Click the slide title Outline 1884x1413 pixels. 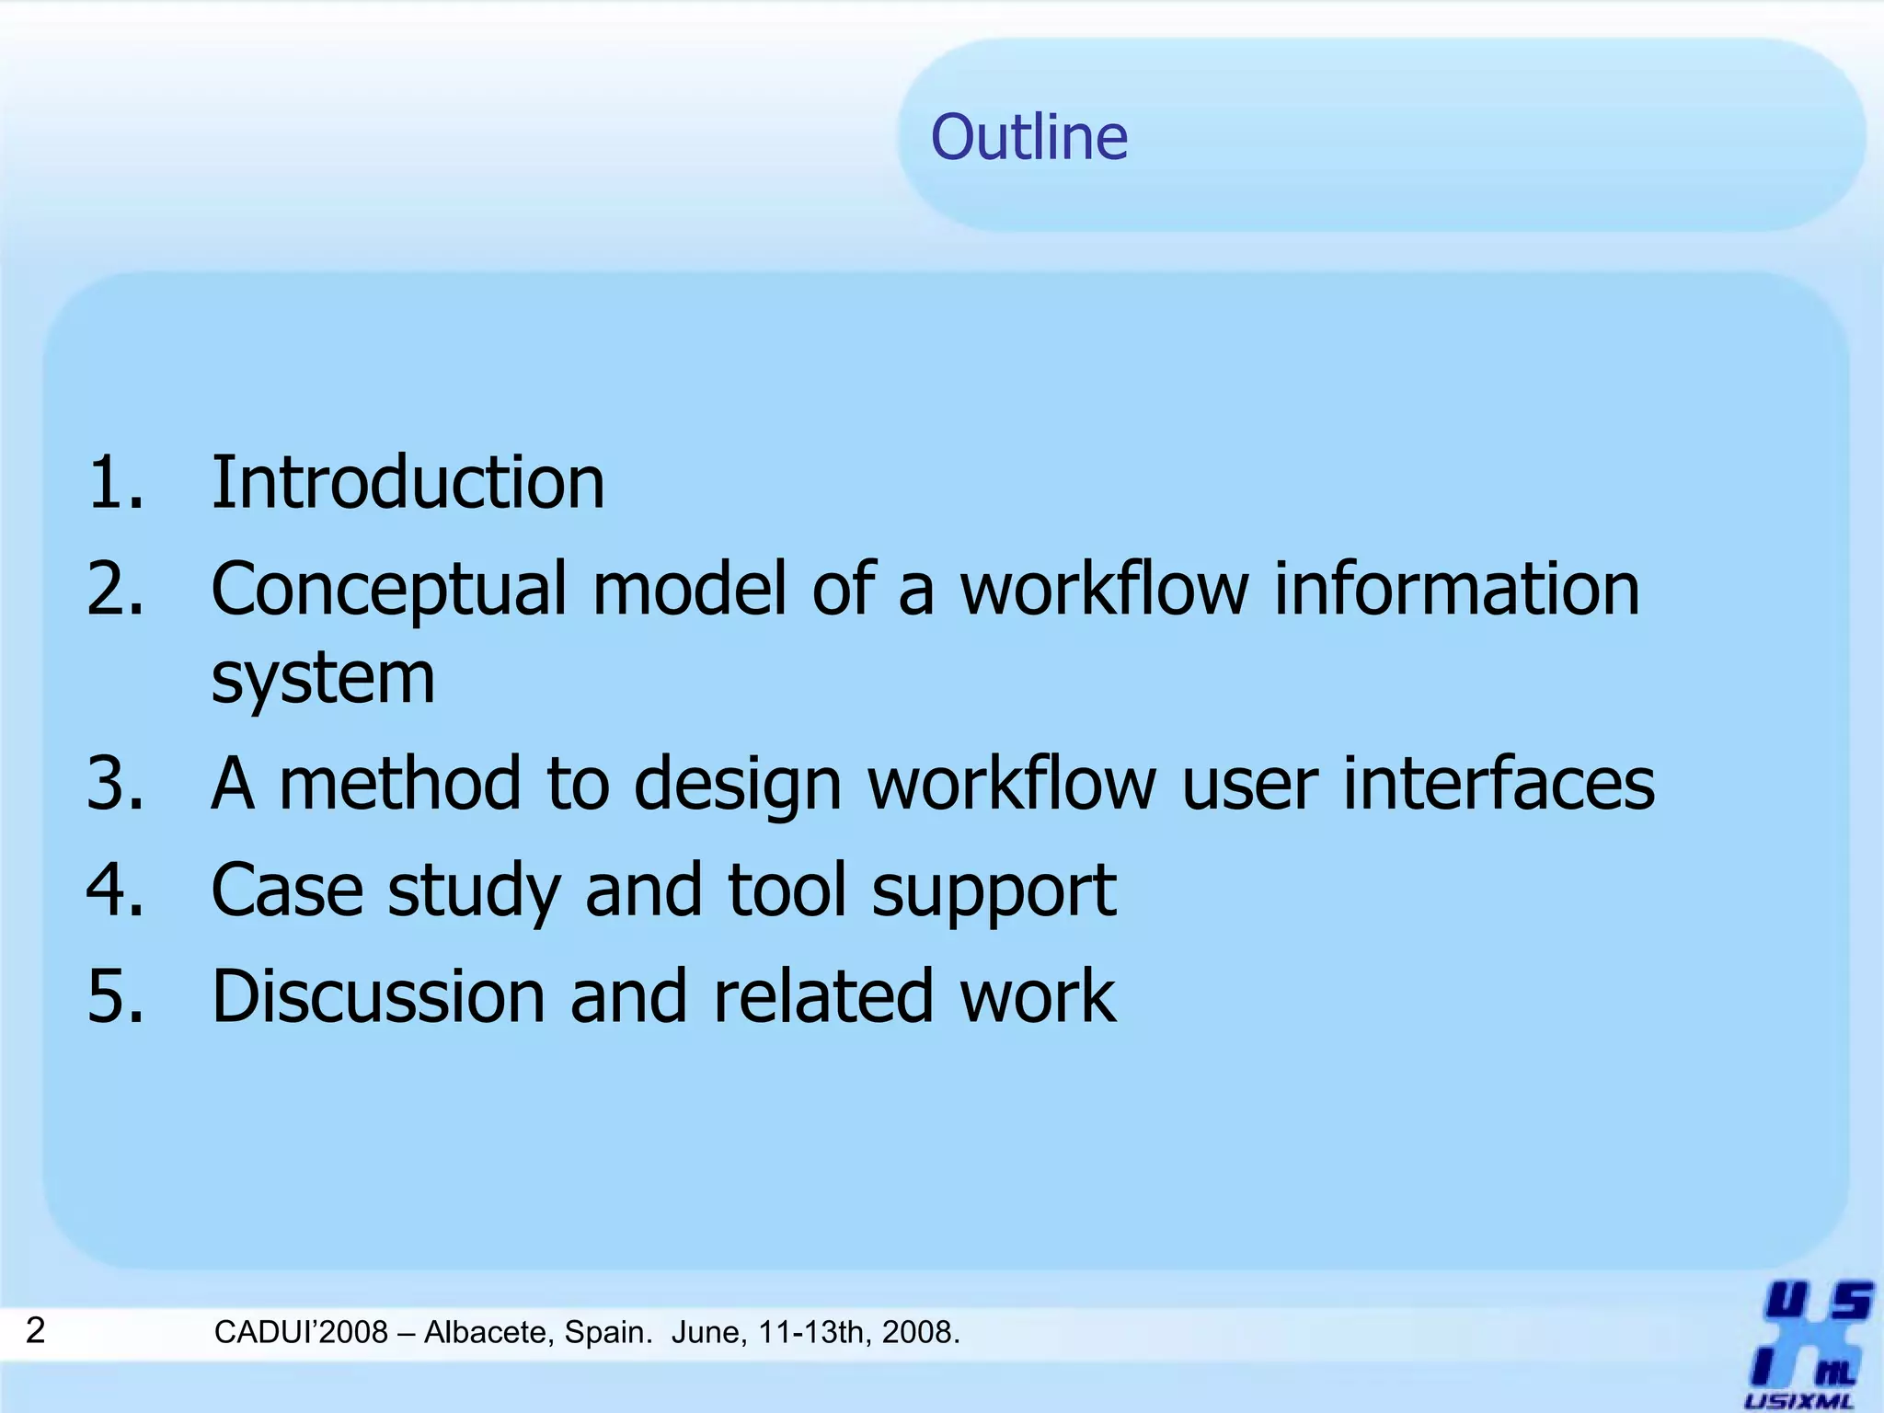pyautogui.click(x=1028, y=137)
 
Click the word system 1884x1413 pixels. pyautogui.click(x=323, y=678)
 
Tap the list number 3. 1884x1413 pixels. pyautogui.click(x=115, y=783)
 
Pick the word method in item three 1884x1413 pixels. pyautogui.click(x=400, y=783)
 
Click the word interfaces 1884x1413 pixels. pyautogui.click(x=1499, y=783)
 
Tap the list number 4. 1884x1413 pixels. pyautogui.click(x=115, y=890)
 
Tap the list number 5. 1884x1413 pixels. pyautogui.click(x=115, y=996)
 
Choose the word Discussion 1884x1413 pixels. pyautogui.click(x=378, y=996)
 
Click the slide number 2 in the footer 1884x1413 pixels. pyautogui.click(x=35, y=1330)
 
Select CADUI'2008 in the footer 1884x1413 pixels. pyautogui.click(x=301, y=1332)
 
